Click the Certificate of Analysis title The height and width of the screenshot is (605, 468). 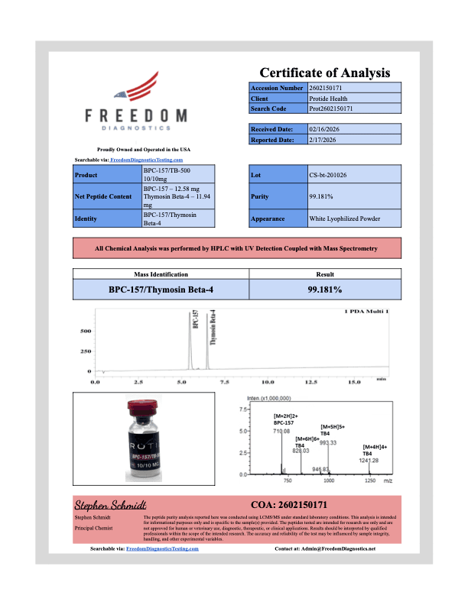tap(325, 73)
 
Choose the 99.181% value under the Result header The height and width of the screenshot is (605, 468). tap(324, 290)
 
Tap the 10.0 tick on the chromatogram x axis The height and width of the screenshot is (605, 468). tap(268, 380)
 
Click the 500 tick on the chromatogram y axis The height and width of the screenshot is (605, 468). tap(86, 331)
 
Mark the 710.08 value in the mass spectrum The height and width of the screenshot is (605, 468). tap(282, 431)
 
